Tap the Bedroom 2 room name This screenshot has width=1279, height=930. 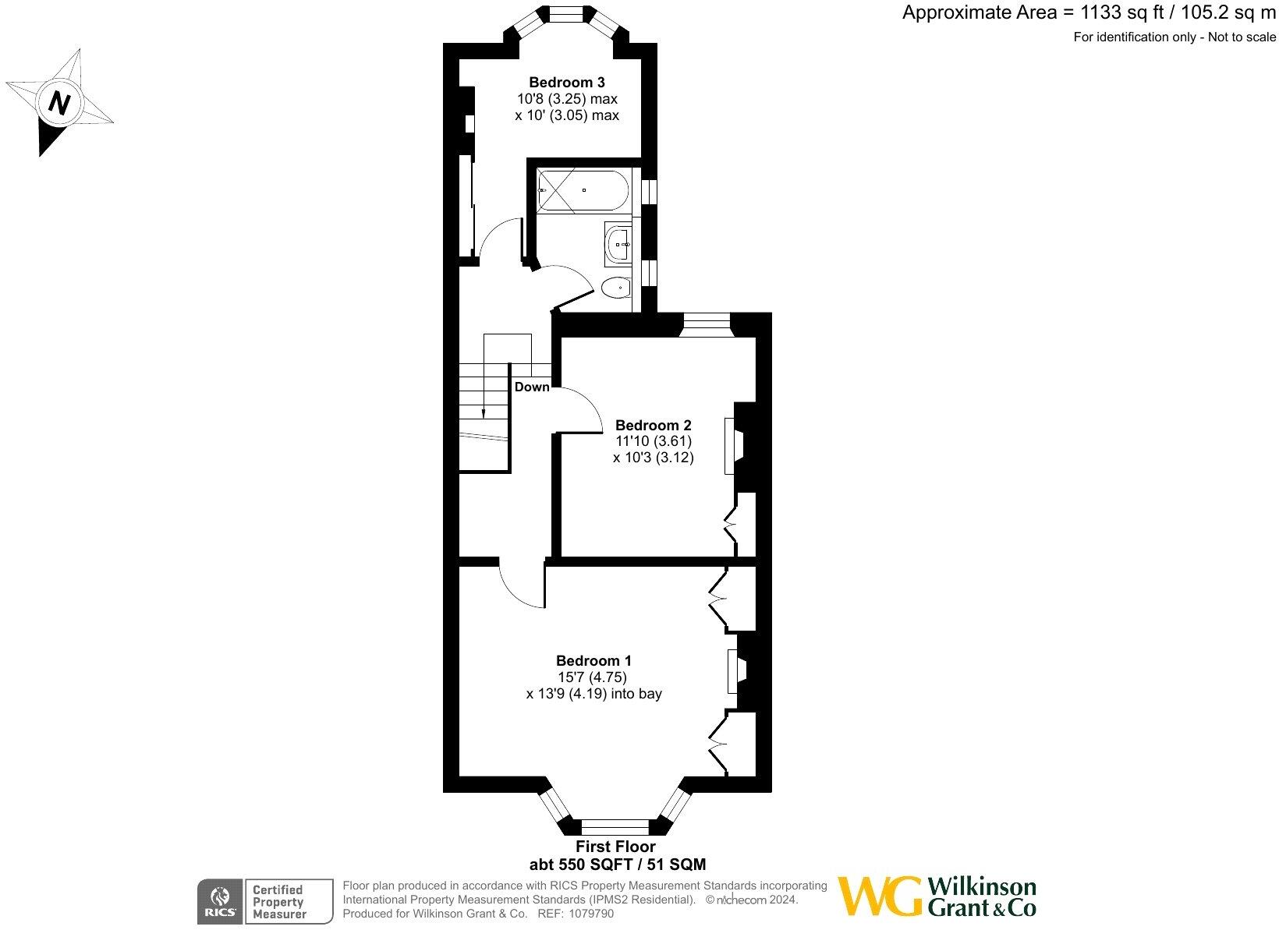(653, 425)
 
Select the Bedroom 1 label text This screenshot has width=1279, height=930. (593, 660)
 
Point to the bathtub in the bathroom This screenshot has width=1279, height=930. (583, 189)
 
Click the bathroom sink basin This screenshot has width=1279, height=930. (620, 243)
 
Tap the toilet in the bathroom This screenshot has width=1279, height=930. (617, 288)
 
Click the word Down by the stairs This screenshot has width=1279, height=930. (531, 387)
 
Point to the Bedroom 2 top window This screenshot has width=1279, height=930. (706, 324)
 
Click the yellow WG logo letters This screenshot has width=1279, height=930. (880, 897)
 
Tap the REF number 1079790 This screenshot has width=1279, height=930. (592, 914)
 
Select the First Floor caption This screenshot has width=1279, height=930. (615, 846)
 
